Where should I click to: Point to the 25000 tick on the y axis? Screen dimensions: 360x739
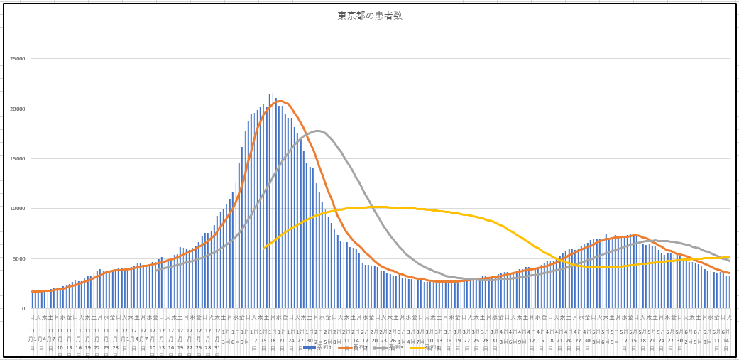(16, 59)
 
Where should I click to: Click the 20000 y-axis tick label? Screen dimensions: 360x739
(16, 109)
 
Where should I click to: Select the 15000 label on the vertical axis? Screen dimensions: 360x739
(16, 158)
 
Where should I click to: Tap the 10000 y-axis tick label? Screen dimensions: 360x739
(16, 209)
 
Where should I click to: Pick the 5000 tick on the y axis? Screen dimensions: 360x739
(18, 258)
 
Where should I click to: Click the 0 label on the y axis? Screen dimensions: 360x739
(23, 308)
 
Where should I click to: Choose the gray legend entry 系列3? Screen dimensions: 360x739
(393, 347)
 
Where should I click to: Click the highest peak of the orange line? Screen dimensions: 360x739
(280, 101)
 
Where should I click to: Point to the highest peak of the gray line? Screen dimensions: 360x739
(317, 131)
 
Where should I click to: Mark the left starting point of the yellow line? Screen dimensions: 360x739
(263, 248)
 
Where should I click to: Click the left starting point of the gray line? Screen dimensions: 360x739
(155, 270)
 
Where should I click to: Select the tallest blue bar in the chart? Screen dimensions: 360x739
(273, 94)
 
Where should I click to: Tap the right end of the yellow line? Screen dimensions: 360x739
(729, 257)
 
